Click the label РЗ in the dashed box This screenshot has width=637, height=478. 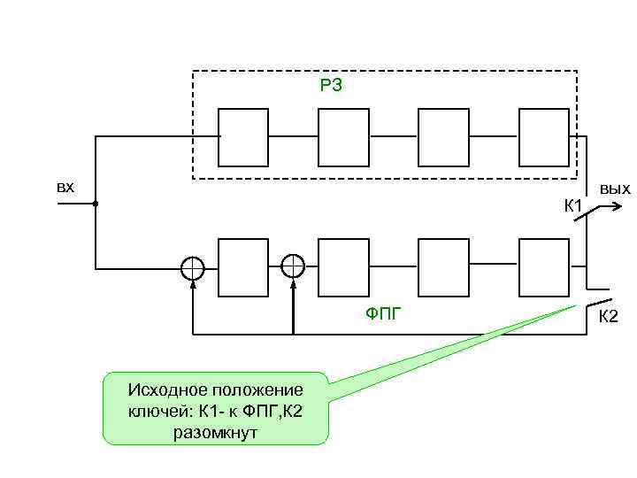(330, 86)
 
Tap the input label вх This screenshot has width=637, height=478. (65, 188)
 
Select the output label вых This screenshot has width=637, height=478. (615, 189)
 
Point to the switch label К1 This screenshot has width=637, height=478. (573, 206)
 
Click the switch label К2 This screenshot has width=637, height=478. (609, 317)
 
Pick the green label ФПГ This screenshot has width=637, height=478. (384, 312)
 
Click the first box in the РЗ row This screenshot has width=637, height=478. (243, 137)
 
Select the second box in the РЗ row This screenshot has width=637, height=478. (343, 137)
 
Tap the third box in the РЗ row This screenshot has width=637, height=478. (443, 137)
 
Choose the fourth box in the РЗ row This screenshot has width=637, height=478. (543, 137)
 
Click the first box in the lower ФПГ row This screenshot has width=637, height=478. (243, 267)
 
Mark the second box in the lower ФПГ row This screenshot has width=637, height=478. (343, 267)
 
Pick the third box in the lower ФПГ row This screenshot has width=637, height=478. (443, 267)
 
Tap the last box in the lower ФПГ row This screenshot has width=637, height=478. (543, 267)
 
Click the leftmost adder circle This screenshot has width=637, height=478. (193, 267)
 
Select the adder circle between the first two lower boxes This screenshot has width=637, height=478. (293, 267)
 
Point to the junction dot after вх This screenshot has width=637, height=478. (95, 204)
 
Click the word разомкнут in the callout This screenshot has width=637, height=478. (216, 433)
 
